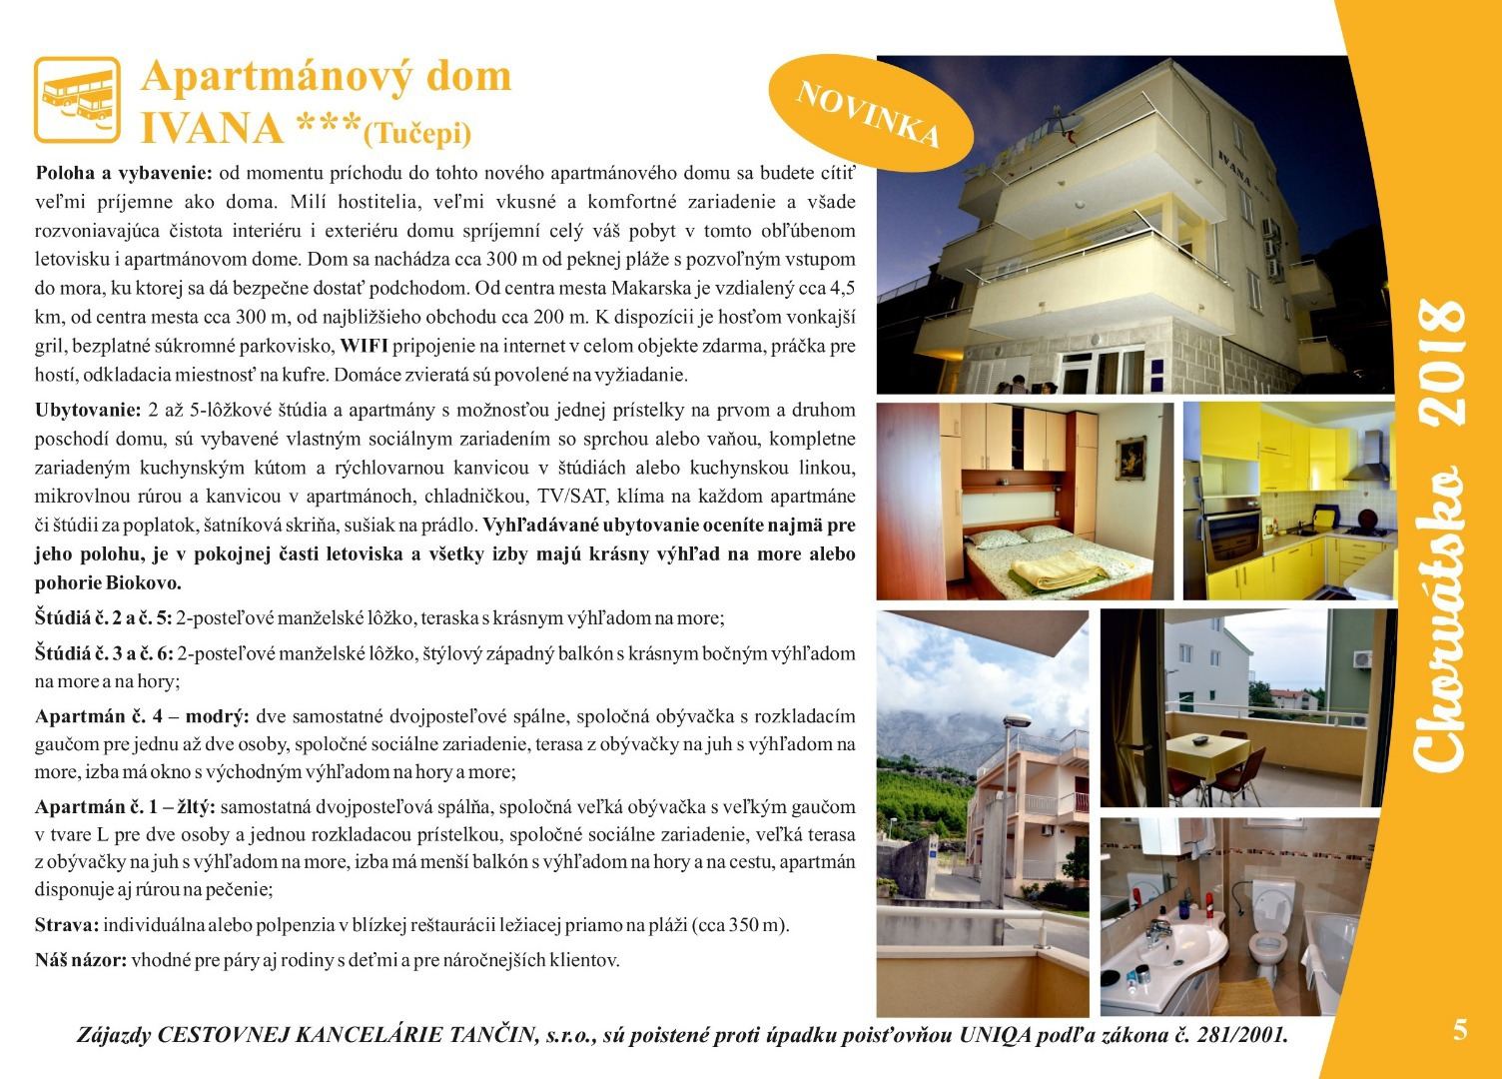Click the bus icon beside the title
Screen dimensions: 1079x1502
pos(77,99)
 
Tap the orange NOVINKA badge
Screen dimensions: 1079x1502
pos(869,111)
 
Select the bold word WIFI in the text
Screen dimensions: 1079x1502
pos(365,347)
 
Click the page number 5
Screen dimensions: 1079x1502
pos(1460,1030)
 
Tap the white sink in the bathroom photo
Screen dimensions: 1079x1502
pos(1178,944)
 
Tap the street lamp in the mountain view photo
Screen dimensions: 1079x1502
pos(1017,721)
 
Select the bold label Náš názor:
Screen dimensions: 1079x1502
pos(81,961)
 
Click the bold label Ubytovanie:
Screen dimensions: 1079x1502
pos(88,411)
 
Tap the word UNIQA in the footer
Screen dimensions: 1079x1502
pos(995,1036)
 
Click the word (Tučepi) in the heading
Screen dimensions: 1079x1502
pos(417,133)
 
